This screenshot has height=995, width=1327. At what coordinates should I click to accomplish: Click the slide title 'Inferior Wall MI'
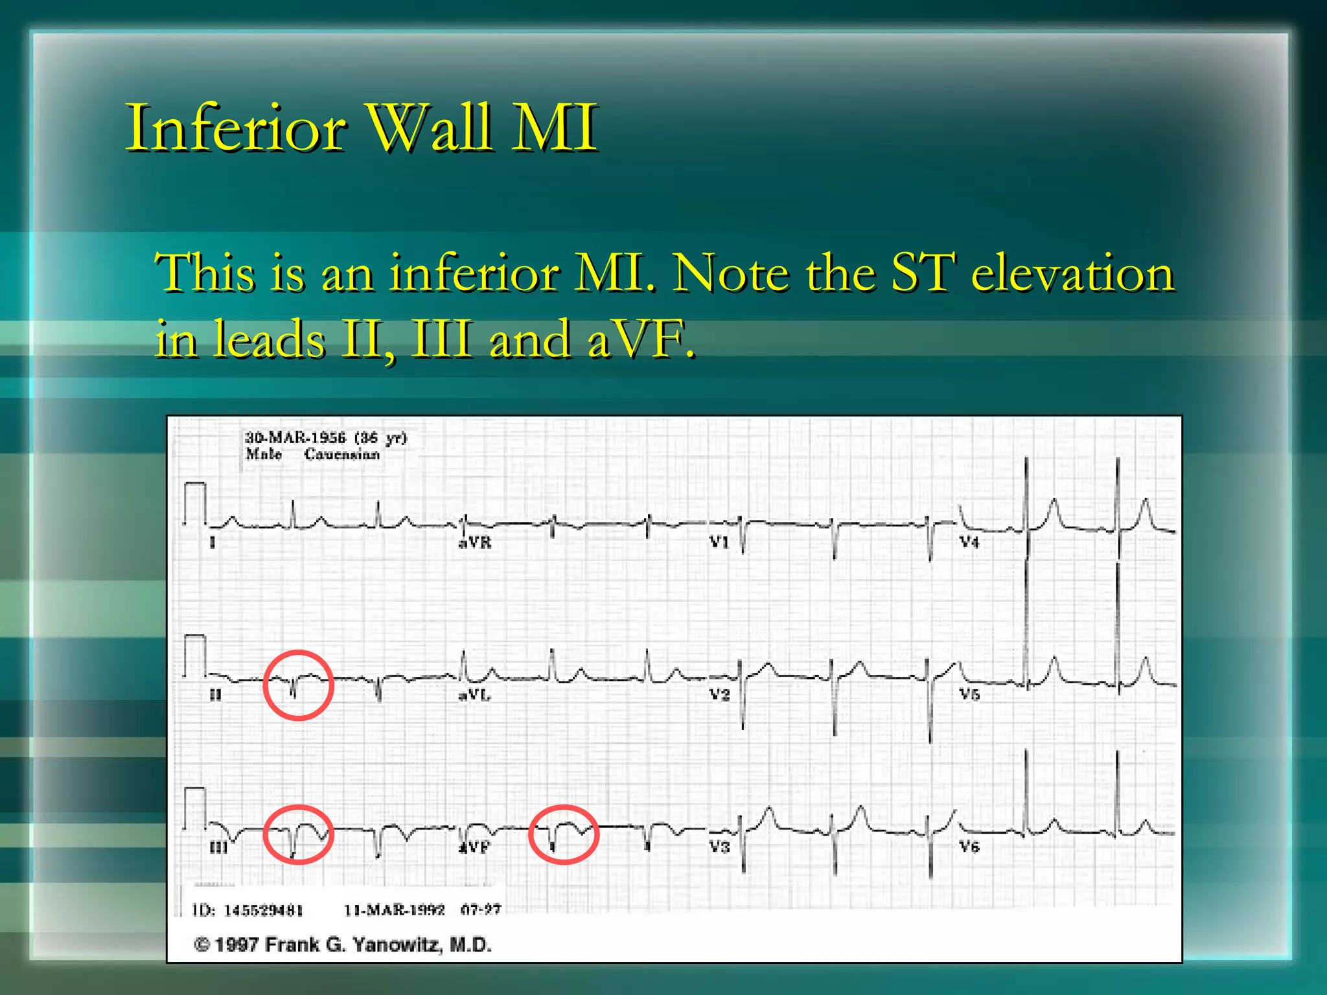pos(362,128)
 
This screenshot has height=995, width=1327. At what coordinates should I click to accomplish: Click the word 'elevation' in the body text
pos(1072,273)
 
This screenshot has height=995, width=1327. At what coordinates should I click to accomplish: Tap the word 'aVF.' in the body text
pos(641,339)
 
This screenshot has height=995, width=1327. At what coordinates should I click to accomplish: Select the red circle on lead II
pos(298,685)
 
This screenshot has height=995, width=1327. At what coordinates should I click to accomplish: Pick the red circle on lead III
pos(298,834)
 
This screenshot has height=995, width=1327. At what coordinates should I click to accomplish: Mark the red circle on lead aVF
pos(563,834)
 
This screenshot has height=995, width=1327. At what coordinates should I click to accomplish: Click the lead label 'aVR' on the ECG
pos(475,543)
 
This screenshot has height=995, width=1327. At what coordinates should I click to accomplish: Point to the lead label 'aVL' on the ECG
pos(475,695)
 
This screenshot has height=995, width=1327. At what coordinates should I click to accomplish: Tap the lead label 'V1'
pos(719,542)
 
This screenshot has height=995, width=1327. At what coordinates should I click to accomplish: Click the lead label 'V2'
pos(719,694)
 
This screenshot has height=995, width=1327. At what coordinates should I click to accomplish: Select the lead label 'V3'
pos(719,847)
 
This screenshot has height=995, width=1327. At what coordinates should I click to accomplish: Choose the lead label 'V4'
pos(969,542)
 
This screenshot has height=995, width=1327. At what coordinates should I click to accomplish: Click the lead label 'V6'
pos(969,847)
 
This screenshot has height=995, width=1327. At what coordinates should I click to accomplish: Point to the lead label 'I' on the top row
pos(213,543)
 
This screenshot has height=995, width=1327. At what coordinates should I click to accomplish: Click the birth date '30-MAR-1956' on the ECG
pos(295,438)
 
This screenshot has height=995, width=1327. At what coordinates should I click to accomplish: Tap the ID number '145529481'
pos(263,910)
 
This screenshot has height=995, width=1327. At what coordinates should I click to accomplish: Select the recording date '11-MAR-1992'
pos(394,910)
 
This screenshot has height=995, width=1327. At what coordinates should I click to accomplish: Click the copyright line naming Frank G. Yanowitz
pos(343,945)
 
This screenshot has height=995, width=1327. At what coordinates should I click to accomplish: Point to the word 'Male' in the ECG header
pos(264,454)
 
